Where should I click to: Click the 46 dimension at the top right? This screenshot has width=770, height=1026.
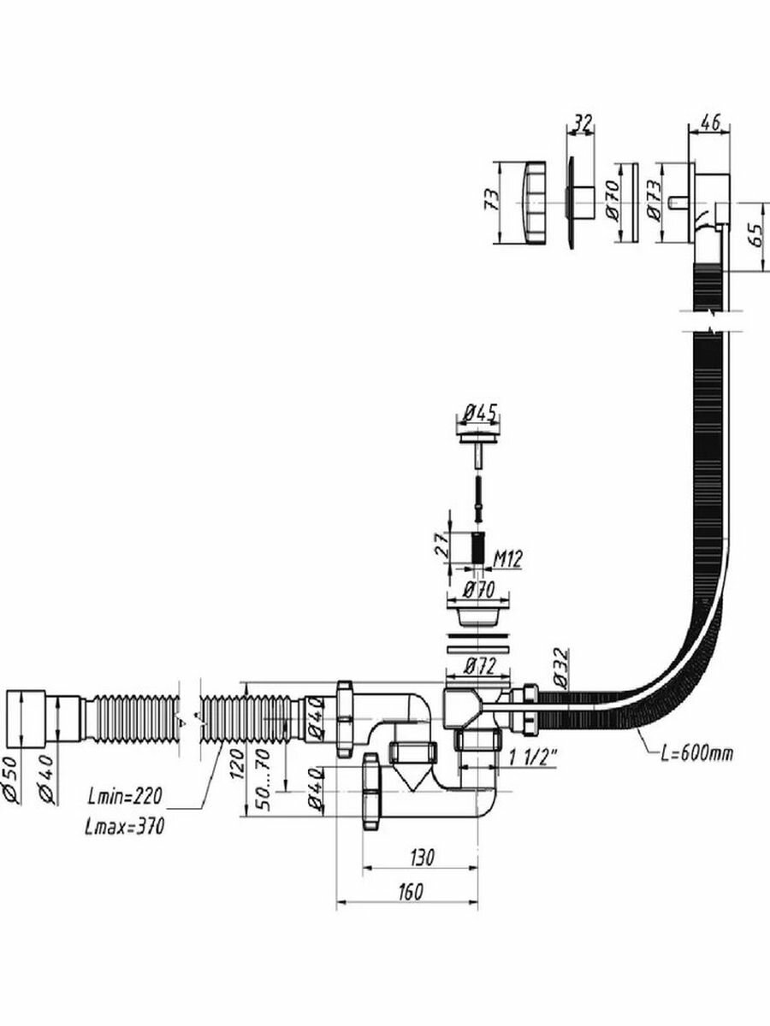tap(708, 122)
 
